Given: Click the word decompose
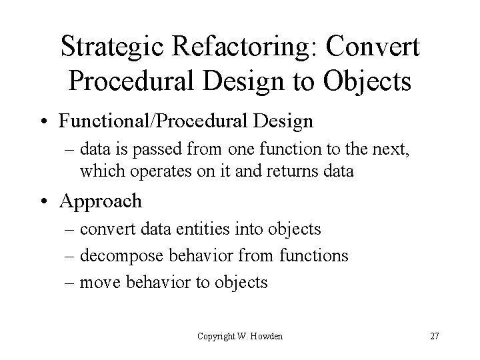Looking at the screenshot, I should click(122, 256).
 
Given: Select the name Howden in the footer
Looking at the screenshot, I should click(267, 336).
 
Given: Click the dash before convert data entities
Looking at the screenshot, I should click(69, 230).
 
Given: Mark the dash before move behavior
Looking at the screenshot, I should click(69, 283).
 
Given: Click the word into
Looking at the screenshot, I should click(252, 230).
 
